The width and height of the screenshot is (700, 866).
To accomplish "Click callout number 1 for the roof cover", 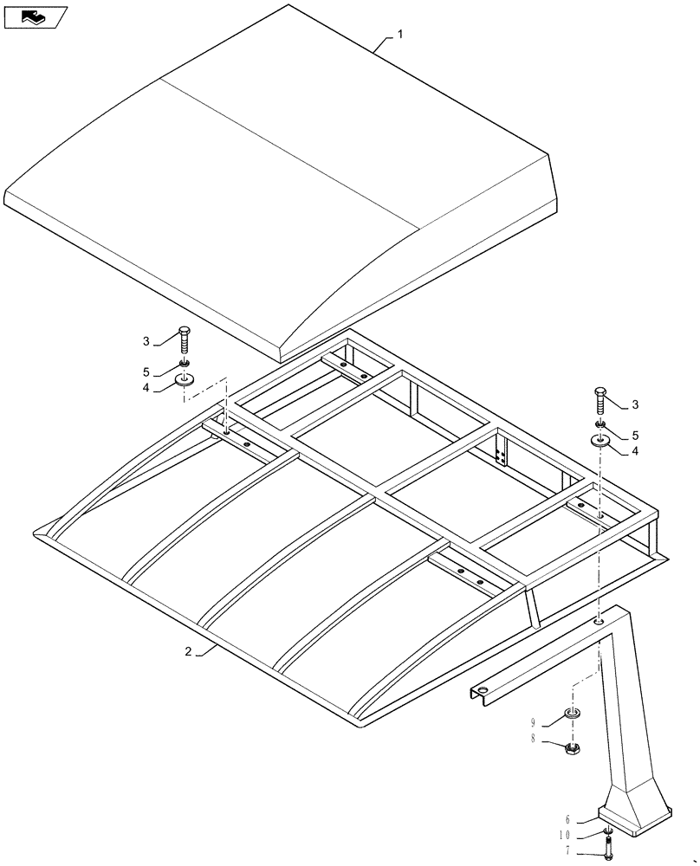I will [400, 34].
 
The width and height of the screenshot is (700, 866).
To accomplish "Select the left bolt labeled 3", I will [184, 341].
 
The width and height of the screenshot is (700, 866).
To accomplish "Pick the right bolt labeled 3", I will [600, 402].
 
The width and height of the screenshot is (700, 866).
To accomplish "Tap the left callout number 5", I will [146, 372].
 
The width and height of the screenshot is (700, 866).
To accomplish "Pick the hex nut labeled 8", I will [572, 747].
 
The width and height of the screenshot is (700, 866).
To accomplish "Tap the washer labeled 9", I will [572, 714].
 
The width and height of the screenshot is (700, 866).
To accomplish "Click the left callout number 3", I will [146, 341].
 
